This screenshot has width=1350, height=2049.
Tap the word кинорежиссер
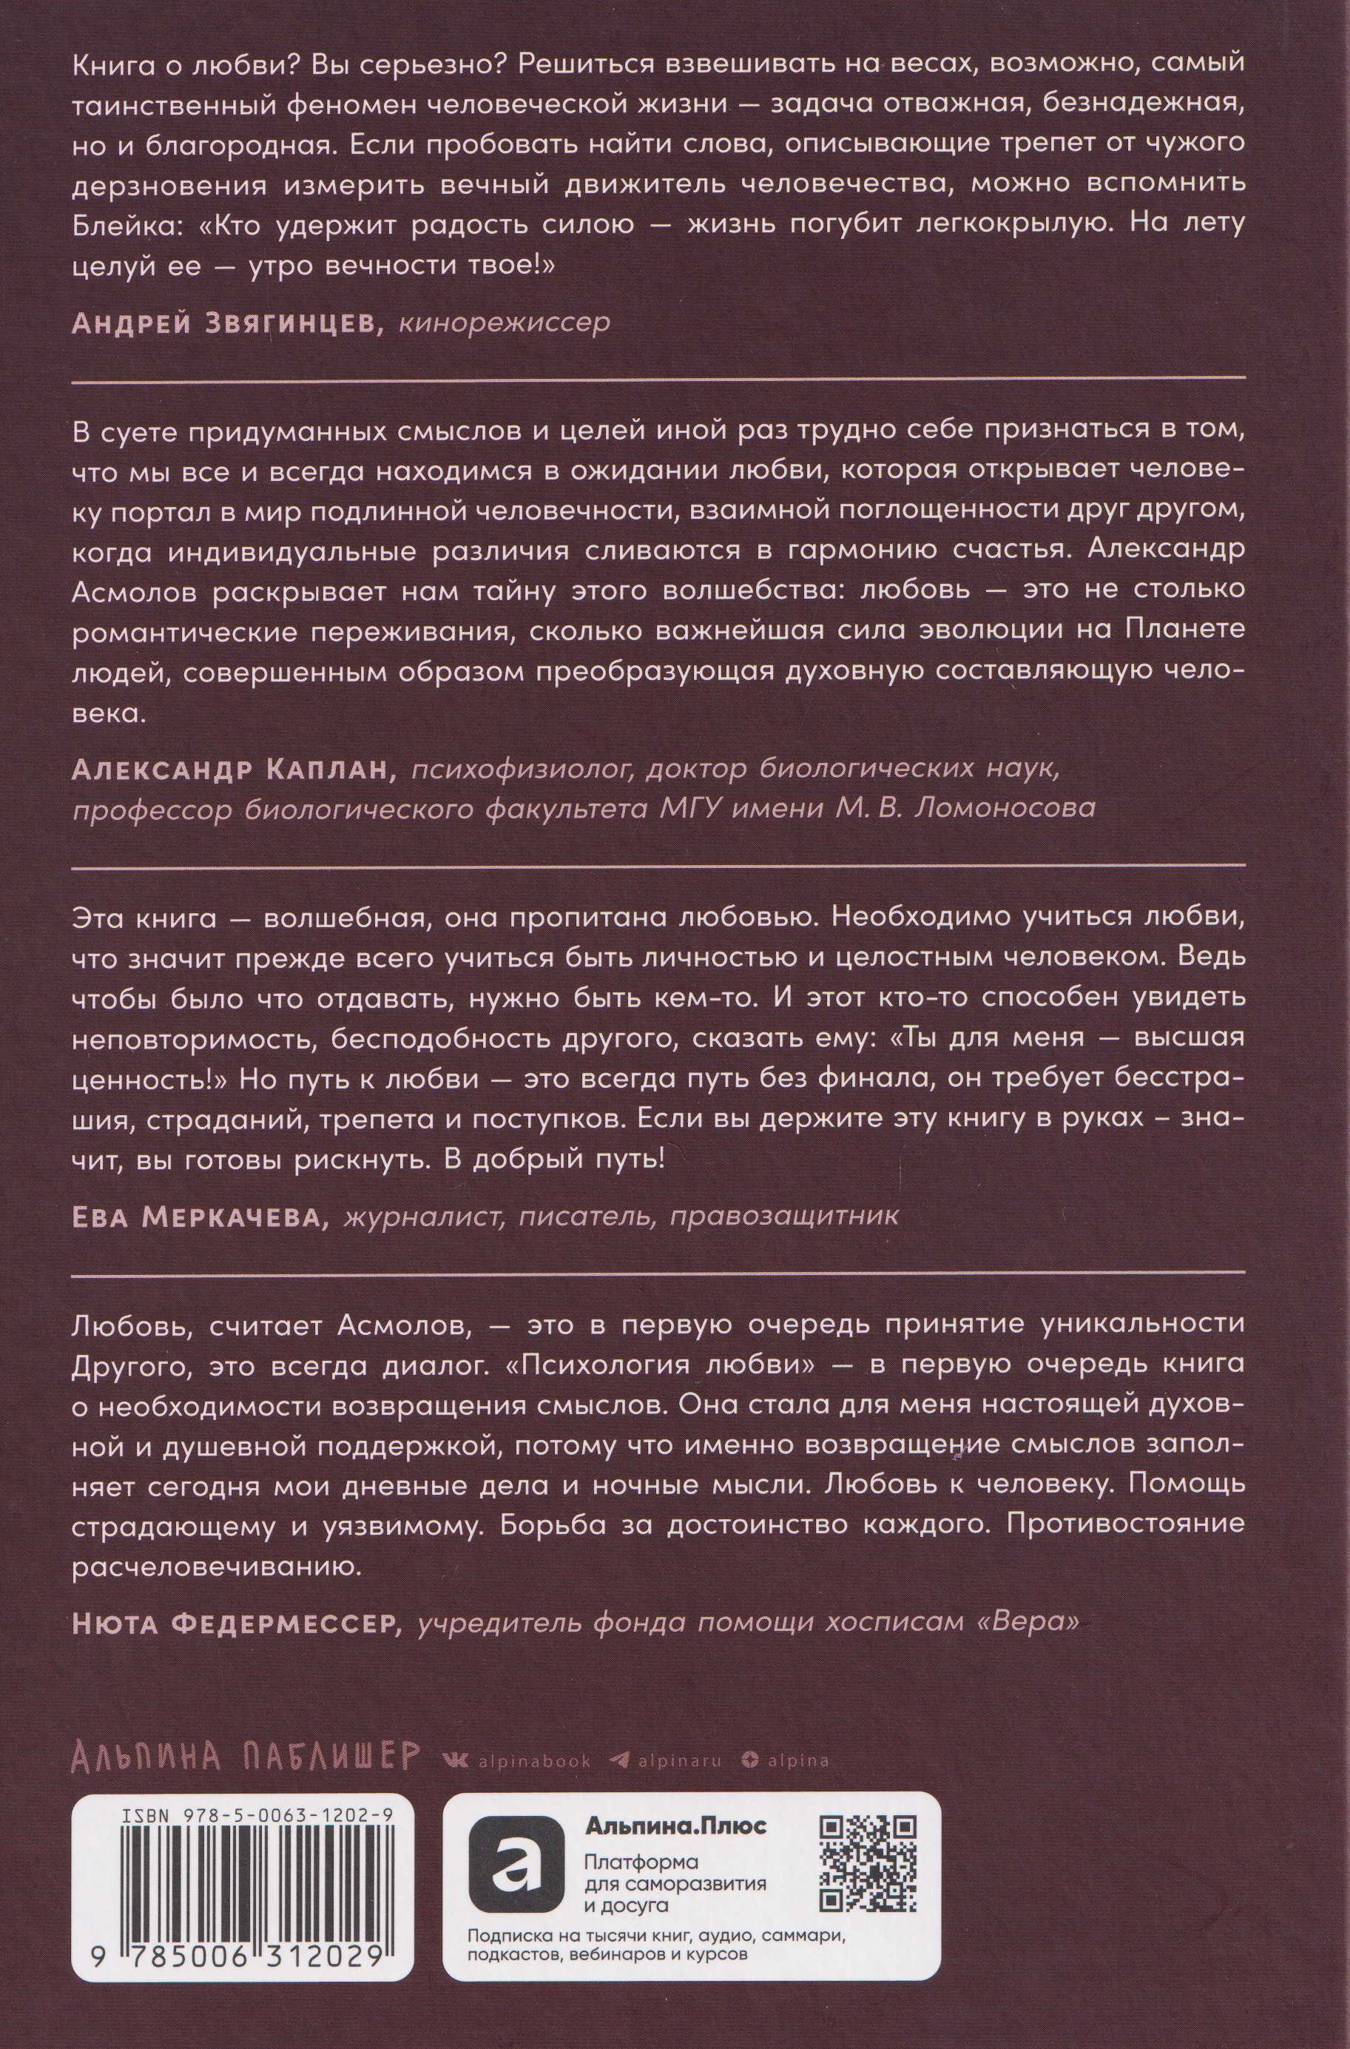[504, 323]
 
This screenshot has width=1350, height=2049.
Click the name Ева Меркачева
[200, 1216]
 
